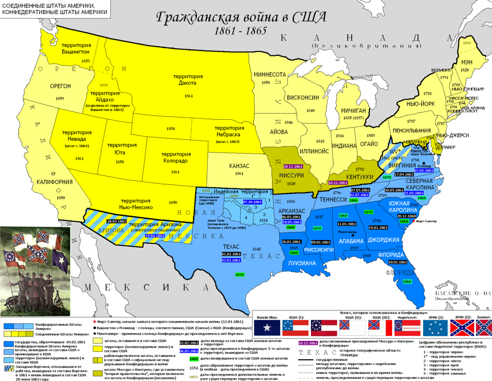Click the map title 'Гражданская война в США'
(241, 17)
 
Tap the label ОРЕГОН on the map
(60, 86)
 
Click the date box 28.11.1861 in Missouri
(293, 167)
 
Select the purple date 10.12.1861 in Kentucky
(338, 183)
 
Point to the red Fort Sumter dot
(413, 221)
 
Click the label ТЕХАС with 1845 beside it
(231, 247)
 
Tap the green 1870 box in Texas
(240, 275)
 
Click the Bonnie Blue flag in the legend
(267, 328)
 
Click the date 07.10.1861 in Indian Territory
(252, 202)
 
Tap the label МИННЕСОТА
(270, 75)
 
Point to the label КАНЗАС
(239, 166)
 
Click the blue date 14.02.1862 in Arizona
(155, 236)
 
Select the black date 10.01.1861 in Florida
(398, 262)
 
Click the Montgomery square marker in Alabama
(353, 235)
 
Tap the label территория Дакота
(188, 80)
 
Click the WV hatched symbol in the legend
(9, 368)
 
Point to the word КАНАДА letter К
(283, 38)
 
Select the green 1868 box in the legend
(194, 359)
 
